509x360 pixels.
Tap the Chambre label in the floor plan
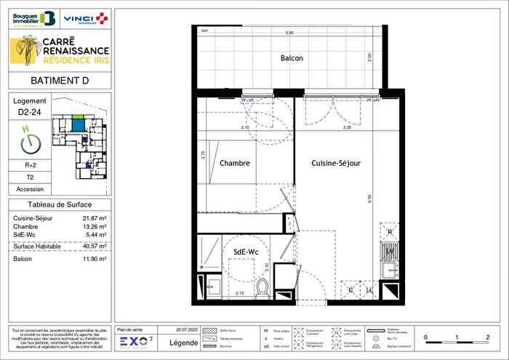coord(235,163)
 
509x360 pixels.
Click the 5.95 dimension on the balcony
coord(289,33)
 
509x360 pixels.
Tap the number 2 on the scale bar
coord(486,337)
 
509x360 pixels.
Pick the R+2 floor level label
coord(29,166)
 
